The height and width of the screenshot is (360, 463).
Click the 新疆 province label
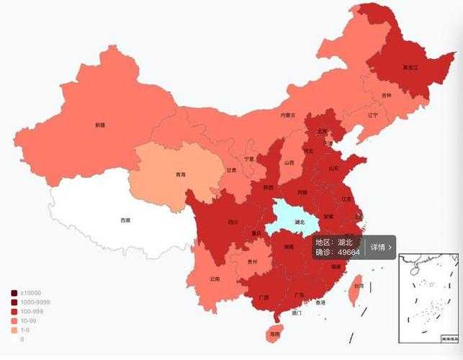click(99, 125)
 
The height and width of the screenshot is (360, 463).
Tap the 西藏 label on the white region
click(125, 220)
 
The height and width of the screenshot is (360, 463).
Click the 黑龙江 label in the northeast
click(409, 68)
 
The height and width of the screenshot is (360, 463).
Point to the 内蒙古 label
click(288, 115)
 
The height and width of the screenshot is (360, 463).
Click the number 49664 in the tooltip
click(348, 253)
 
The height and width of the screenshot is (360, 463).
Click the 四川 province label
click(233, 222)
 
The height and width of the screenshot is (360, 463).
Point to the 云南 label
click(215, 279)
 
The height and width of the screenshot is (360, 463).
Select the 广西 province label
click(264, 297)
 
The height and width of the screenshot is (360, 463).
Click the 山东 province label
click(333, 168)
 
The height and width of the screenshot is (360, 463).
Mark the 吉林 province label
click(387, 96)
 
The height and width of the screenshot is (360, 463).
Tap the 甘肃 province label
click(231, 171)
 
